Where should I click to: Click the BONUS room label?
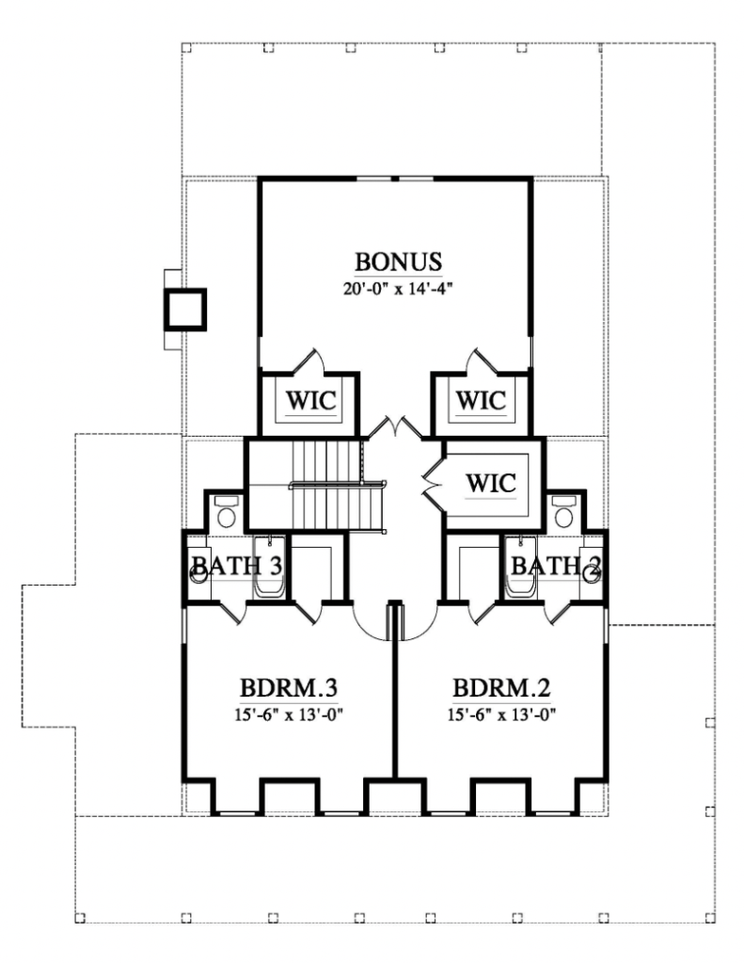point(397,261)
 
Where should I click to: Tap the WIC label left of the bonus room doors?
point(308,399)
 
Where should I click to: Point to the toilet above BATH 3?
point(226,513)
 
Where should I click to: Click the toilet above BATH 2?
point(563,513)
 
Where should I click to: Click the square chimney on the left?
point(184,308)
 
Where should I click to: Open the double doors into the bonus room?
point(394,428)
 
